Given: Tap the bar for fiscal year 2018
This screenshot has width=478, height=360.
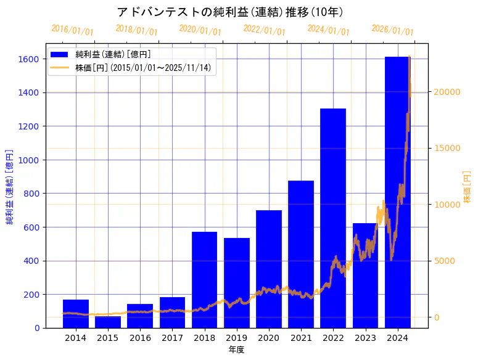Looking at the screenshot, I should (x=204, y=280).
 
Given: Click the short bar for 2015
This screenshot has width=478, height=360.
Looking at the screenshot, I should (x=108, y=322).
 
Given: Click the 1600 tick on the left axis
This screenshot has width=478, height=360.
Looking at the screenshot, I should (x=30, y=59).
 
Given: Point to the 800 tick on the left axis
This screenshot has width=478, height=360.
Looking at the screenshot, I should (x=33, y=194).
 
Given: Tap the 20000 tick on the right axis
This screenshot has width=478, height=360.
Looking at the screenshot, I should (x=448, y=92).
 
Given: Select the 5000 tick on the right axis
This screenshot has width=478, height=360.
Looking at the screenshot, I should (x=445, y=261).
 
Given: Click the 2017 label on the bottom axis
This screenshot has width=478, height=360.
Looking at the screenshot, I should (x=172, y=338).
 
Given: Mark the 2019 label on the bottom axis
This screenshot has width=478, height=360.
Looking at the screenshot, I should (x=237, y=338).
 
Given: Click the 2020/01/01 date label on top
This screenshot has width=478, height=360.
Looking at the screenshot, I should (x=200, y=30).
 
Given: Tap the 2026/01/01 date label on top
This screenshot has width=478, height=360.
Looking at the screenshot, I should (x=392, y=30).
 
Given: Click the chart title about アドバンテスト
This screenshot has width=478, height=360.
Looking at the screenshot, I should (x=229, y=12).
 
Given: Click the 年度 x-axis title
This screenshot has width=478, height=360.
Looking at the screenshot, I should (x=237, y=350).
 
